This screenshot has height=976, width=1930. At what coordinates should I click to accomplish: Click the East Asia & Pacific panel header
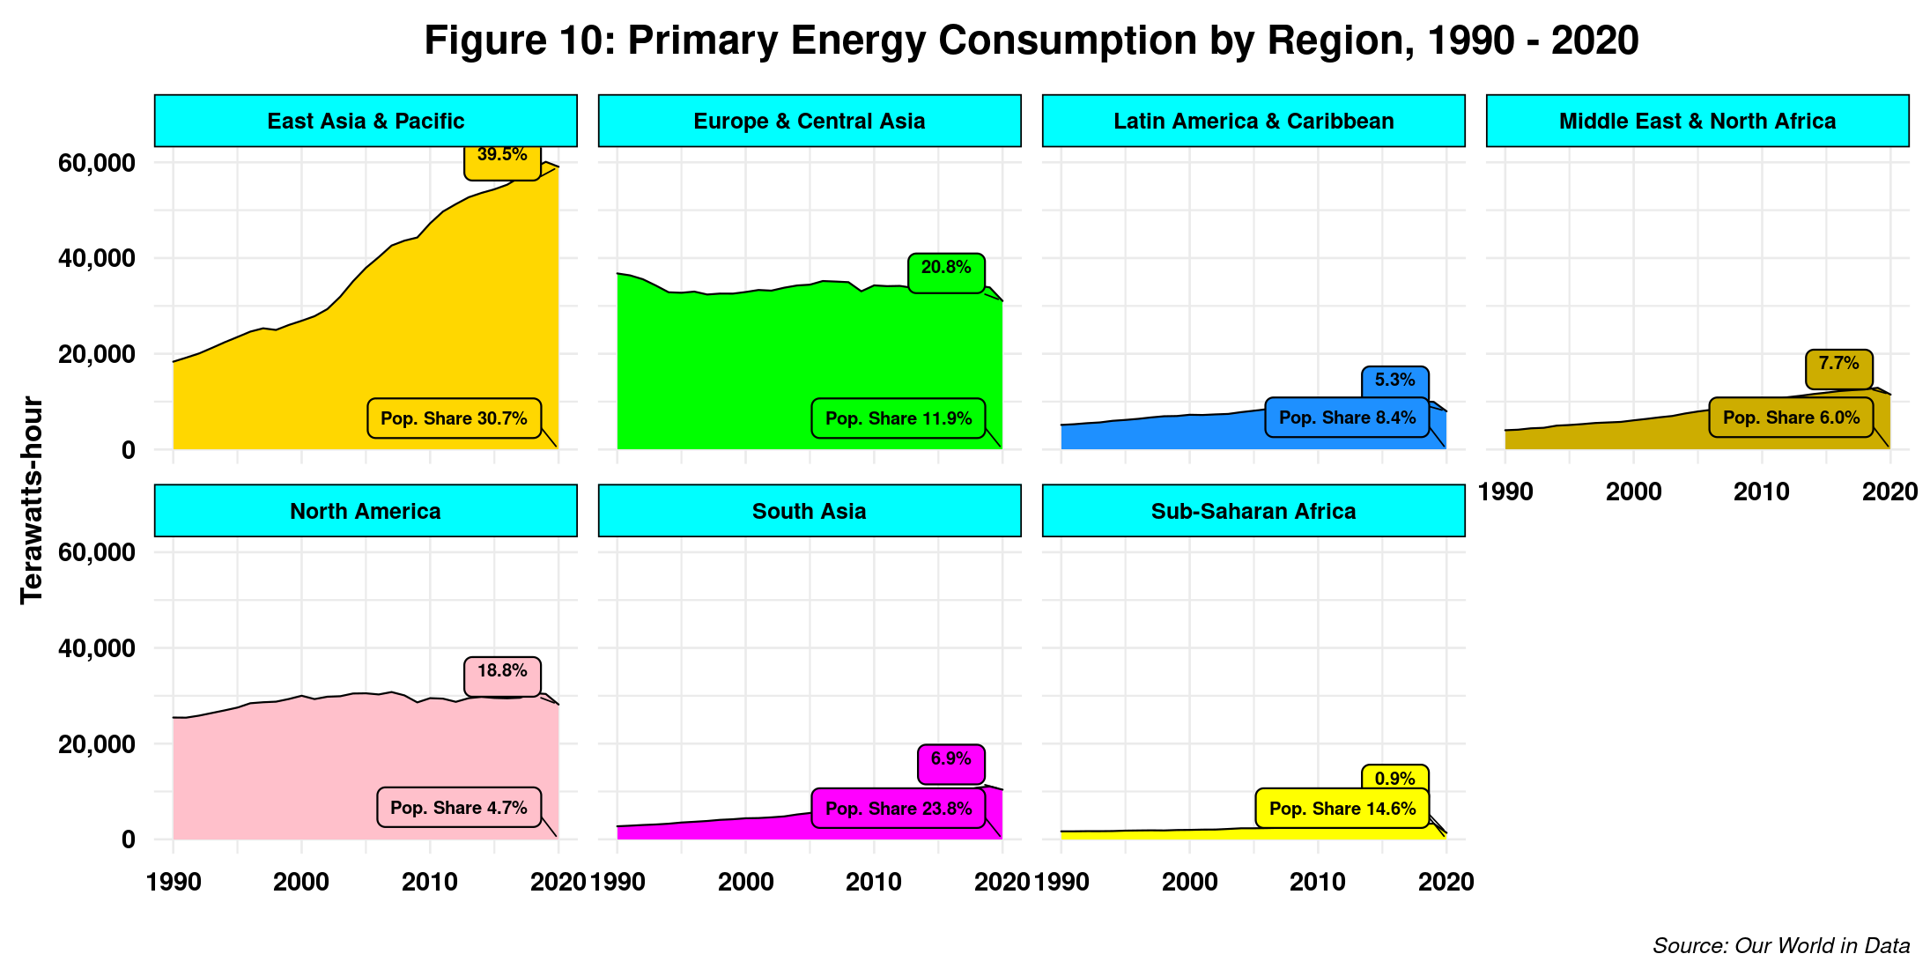366,121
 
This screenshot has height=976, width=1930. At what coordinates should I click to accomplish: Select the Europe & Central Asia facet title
810,121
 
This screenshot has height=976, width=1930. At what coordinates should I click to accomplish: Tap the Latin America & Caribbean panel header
1253,121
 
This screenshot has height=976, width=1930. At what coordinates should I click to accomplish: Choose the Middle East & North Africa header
1697,121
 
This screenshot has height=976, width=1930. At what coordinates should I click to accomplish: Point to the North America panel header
366,511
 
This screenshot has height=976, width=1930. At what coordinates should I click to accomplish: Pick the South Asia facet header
810,511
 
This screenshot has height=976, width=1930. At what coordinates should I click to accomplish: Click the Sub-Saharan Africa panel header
1253,511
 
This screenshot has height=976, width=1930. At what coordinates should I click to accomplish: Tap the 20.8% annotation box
946,268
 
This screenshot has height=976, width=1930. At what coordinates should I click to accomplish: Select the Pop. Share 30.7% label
454,418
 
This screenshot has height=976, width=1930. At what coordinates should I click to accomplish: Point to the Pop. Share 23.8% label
898,809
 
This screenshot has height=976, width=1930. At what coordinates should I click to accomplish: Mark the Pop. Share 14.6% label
1342,809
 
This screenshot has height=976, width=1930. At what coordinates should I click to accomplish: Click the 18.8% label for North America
502,671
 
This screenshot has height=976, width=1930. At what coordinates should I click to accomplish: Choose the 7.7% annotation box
1838,364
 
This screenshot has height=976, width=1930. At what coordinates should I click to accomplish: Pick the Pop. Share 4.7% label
459,808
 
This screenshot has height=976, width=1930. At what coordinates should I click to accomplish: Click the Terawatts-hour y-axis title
32,500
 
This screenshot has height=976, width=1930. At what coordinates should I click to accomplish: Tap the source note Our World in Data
1781,946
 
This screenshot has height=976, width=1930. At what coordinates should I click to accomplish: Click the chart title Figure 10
1031,41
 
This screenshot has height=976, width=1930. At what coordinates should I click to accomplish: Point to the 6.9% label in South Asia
950,759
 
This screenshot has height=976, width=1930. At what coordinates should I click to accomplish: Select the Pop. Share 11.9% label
898,418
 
